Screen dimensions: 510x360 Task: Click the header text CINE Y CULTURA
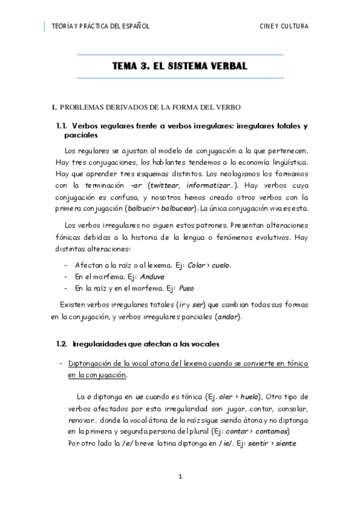(284, 26)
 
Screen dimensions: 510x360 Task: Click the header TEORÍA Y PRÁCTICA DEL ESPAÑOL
(100, 26)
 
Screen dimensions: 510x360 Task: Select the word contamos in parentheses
(271, 432)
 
